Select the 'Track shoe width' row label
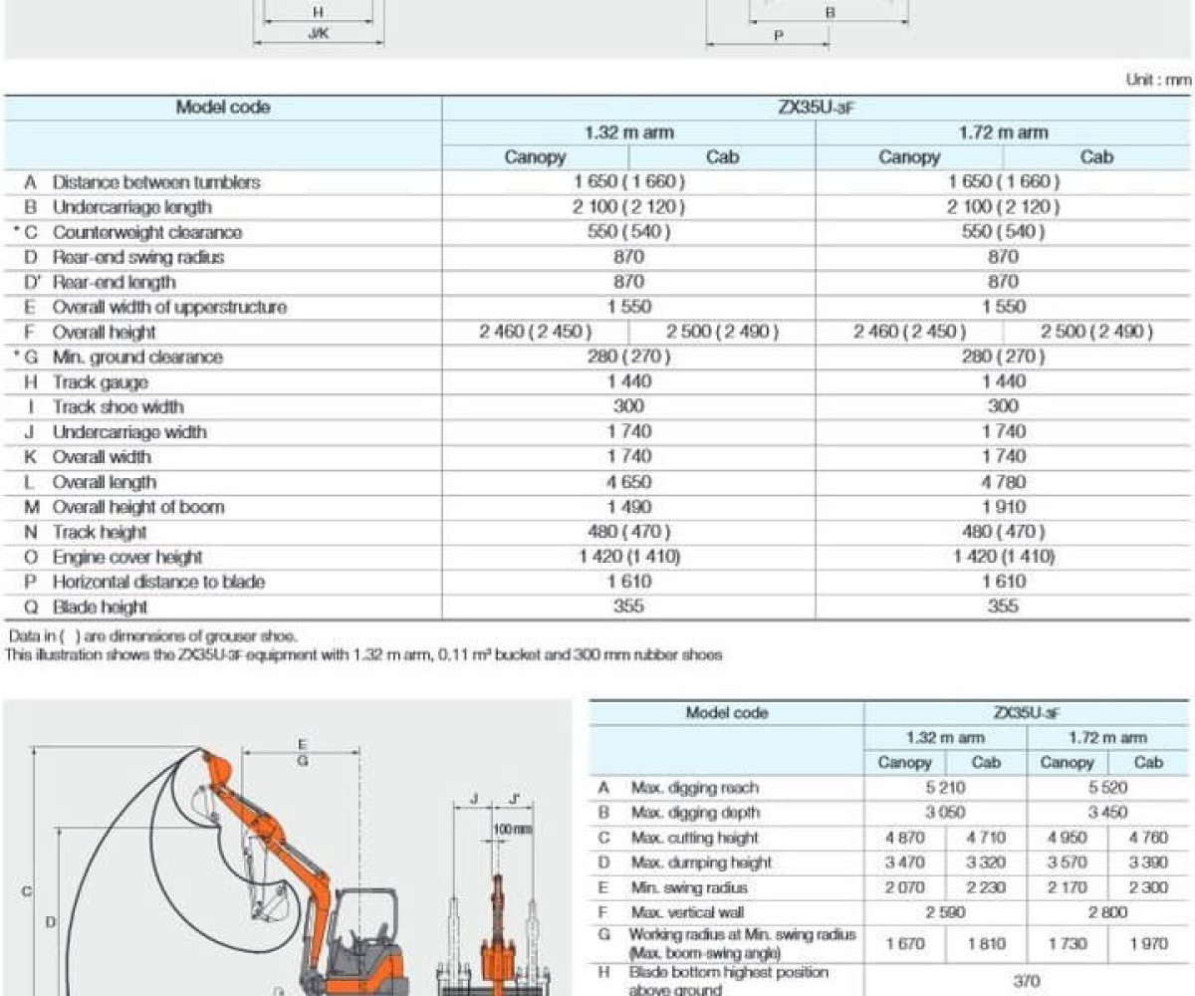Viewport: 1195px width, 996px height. [x=118, y=406]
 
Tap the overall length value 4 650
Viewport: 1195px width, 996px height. [x=628, y=481]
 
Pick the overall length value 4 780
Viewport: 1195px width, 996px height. [x=1003, y=481]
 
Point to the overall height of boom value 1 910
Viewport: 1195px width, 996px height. [x=1003, y=506]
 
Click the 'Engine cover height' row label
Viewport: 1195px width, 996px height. [x=126, y=557]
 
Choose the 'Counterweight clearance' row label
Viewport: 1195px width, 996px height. [x=146, y=232]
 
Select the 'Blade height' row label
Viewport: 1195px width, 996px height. [x=100, y=607]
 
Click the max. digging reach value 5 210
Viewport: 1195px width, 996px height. [x=944, y=788]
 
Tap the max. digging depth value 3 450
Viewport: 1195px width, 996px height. [x=1107, y=813]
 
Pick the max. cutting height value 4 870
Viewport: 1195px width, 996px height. [x=903, y=838]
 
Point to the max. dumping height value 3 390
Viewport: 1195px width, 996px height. [x=1148, y=863]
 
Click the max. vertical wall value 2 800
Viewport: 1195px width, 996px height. [x=1107, y=912]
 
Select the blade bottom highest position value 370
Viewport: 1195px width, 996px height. [x=1026, y=980]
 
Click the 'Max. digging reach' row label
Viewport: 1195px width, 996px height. [x=694, y=788]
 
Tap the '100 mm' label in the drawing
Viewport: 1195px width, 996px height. [x=512, y=829]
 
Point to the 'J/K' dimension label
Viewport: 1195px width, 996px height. [x=318, y=33]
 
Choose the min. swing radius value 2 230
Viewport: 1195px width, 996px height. [x=986, y=887]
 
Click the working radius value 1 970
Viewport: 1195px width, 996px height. [x=1148, y=943]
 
